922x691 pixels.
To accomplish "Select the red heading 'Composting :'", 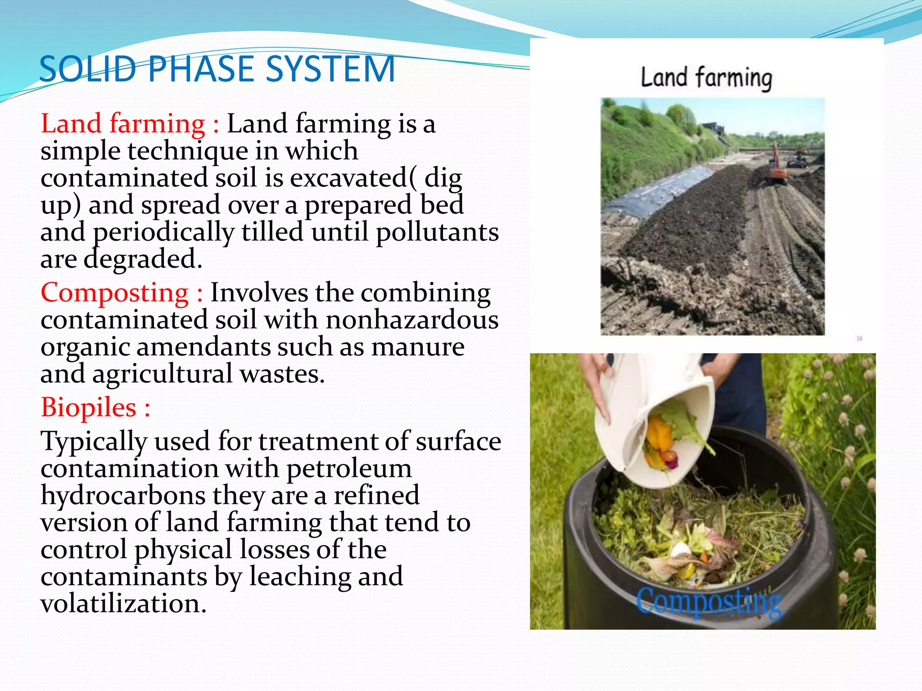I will point(122,293).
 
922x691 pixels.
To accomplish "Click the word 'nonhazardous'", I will point(412,320).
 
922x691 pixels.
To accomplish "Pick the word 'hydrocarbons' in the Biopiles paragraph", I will point(123,495).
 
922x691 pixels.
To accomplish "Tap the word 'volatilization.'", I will point(123,604).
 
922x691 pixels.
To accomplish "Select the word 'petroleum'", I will point(349,468).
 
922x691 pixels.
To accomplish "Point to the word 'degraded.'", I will point(143,259).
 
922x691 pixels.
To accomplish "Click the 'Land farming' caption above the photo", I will point(706,78).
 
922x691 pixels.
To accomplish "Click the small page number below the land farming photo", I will point(859,338).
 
